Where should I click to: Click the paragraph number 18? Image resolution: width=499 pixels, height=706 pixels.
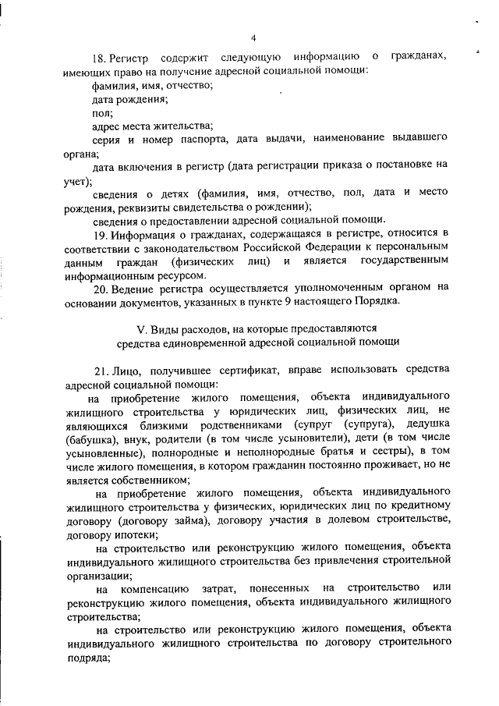point(98,57)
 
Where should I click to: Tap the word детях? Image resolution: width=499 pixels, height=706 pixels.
point(172,193)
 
